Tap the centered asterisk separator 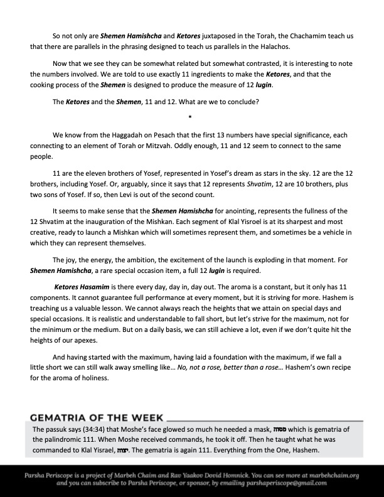(189, 117)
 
